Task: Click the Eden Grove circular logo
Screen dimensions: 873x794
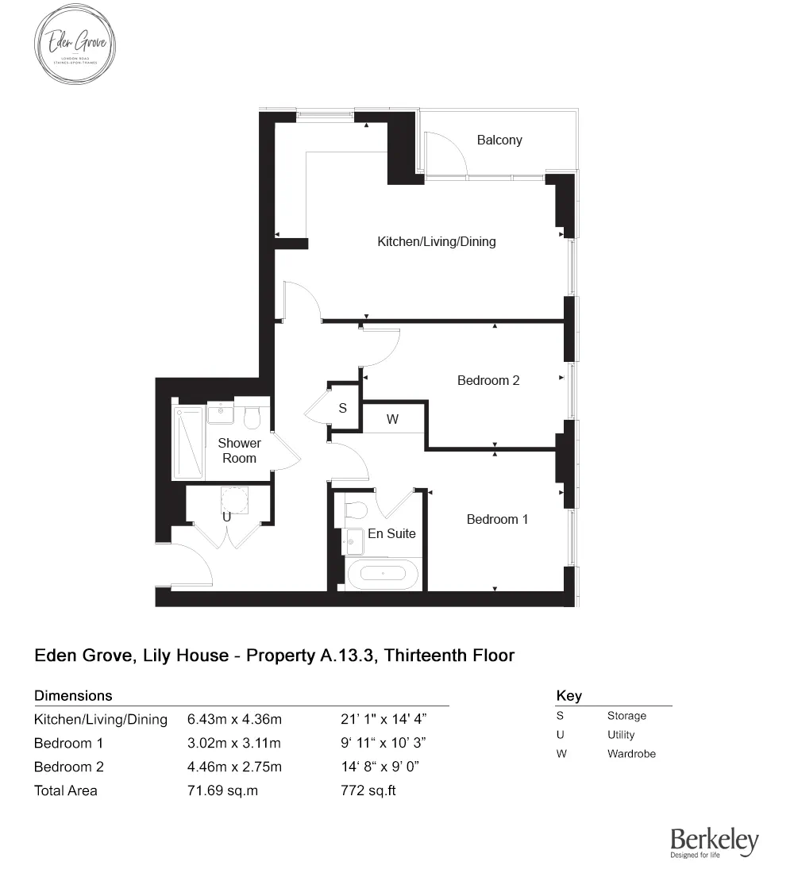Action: pos(75,44)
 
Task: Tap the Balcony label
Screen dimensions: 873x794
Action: pos(499,140)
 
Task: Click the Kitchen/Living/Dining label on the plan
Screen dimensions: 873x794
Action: pos(436,241)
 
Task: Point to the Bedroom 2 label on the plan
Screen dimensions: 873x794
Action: pos(488,380)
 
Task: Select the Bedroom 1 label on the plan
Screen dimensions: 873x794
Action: pos(497,519)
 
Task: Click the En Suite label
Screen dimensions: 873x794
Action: pos(391,533)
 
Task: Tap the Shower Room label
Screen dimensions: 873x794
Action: pos(239,450)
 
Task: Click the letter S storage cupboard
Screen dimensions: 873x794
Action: pos(343,409)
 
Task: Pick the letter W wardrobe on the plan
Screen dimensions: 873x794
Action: pos(392,420)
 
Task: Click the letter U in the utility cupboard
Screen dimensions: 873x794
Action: pos(226,517)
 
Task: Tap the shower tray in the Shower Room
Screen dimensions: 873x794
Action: pos(188,443)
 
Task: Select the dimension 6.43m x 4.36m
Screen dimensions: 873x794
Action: pos(235,720)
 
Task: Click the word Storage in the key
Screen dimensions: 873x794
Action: pos(626,716)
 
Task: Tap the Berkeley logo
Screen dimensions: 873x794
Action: pos(714,842)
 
